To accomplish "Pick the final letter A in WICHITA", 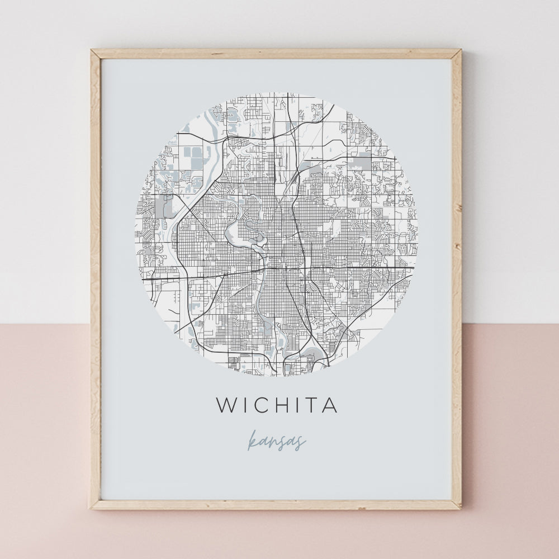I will tap(331, 405).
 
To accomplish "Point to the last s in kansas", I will tap(301, 443).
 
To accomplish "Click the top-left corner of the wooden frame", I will tap(92, 51).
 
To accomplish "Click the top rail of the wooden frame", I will tap(276, 54).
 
